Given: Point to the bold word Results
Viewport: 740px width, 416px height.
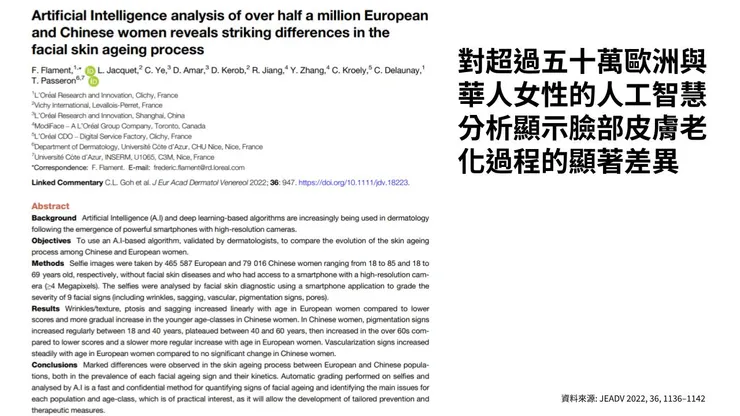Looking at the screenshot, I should point(46,310).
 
